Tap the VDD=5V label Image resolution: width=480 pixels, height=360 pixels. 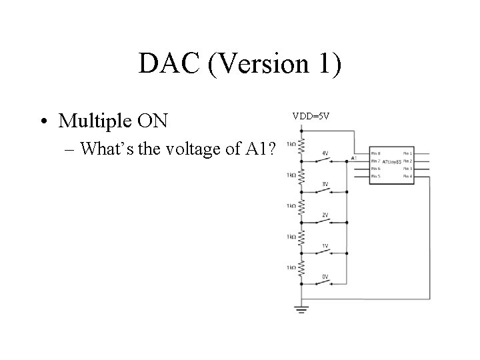pyautogui.click(x=311, y=117)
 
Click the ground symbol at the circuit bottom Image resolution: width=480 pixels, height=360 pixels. pyautogui.click(x=301, y=308)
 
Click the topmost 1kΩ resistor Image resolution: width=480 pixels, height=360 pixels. pyautogui.click(x=301, y=148)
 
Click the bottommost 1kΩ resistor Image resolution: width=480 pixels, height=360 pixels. pyautogui.click(x=301, y=269)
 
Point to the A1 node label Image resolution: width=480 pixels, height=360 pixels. pyautogui.click(x=353, y=158)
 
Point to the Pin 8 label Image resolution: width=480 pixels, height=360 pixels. pyautogui.click(x=375, y=153)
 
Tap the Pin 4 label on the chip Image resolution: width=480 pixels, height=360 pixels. pyautogui.click(x=407, y=176)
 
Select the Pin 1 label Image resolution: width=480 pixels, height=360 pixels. pyautogui.click(x=407, y=153)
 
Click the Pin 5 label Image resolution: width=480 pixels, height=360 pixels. pyautogui.click(x=375, y=176)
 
